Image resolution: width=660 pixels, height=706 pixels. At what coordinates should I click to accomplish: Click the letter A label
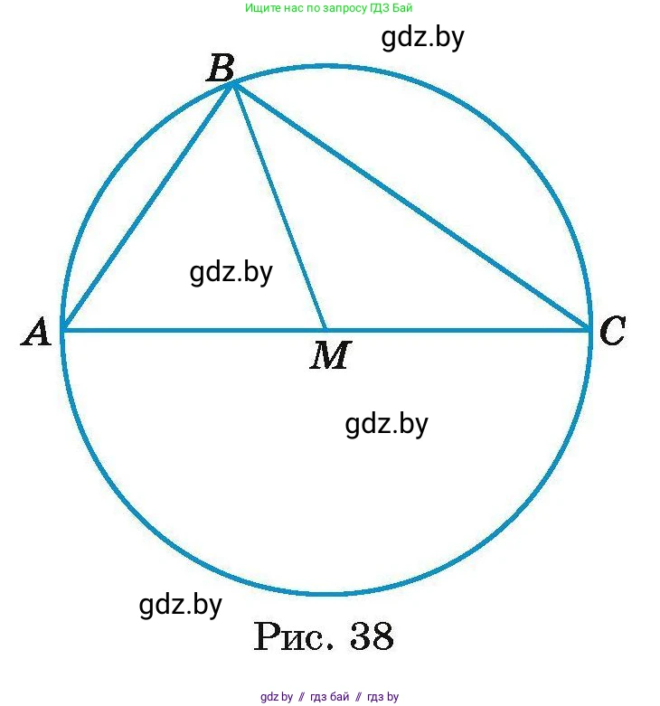(37, 333)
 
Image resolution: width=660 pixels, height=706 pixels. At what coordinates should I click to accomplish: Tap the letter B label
(220, 68)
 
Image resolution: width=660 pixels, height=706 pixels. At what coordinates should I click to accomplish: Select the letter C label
(612, 332)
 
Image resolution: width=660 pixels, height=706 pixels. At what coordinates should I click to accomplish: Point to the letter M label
(329, 356)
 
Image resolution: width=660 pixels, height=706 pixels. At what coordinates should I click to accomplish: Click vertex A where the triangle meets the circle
(62, 330)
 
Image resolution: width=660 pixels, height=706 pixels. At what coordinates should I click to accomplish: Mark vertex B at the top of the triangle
(233, 84)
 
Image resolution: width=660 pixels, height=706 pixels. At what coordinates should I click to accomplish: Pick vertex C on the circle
(590, 330)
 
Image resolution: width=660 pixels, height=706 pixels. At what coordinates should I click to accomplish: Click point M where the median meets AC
(325, 330)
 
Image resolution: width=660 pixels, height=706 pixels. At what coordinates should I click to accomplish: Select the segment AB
(147, 207)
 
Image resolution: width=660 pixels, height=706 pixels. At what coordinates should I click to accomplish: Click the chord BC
(411, 207)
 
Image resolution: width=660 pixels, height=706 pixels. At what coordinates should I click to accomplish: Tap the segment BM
(279, 207)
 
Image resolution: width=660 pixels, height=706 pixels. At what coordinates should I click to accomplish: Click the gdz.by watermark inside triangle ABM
(231, 272)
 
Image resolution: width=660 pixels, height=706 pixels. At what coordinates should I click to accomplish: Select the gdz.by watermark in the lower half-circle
(386, 423)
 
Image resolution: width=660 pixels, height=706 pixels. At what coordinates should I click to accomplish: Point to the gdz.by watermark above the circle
(422, 38)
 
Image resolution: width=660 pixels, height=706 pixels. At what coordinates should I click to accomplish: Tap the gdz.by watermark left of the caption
(180, 605)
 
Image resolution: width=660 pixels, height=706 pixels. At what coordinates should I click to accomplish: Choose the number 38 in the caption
(371, 637)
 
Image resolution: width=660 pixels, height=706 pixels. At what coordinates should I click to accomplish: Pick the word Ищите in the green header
(261, 8)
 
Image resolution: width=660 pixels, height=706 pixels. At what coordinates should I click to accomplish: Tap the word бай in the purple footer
(340, 697)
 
